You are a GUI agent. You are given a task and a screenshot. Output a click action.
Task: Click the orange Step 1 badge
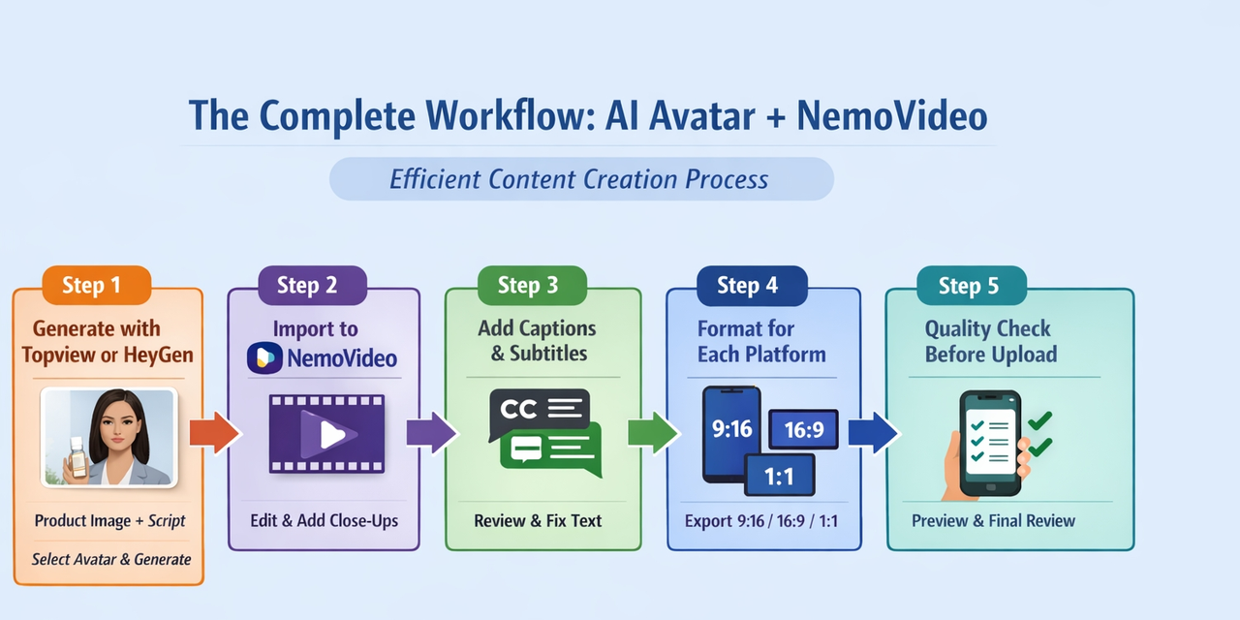click(x=97, y=285)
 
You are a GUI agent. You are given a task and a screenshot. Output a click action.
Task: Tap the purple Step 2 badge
click(x=312, y=285)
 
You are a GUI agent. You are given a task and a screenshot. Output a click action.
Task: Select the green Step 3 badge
click(x=532, y=285)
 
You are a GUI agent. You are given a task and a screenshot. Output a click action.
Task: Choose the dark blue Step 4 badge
click(x=752, y=286)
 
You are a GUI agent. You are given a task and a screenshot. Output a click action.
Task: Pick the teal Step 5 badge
click(x=972, y=286)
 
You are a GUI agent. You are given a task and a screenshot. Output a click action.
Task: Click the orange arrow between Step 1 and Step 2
click(x=215, y=433)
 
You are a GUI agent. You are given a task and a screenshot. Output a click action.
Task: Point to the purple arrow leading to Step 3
click(x=432, y=433)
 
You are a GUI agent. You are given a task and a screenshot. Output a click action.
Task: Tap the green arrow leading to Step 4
click(x=654, y=433)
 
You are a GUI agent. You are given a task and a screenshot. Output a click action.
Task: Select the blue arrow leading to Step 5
click(x=873, y=433)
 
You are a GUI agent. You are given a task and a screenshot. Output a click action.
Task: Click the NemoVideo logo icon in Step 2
click(x=264, y=358)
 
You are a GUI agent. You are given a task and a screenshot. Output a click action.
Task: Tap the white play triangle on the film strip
click(x=332, y=435)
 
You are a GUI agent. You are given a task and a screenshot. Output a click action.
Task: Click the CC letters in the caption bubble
click(x=518, y=410)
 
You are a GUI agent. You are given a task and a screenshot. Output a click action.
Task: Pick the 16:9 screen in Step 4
click(x=804, y=429)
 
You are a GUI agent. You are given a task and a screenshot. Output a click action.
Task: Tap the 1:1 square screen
click(x=780, y=475)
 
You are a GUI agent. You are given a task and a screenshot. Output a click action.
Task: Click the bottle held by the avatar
click(x=77, y=457)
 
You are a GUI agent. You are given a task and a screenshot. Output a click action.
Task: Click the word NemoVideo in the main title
click(x=892, y=116)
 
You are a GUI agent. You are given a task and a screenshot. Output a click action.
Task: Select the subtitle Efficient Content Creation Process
click(x=579, y=179)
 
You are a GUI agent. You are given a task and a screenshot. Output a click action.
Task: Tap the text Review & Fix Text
click(x=538, y=521)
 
